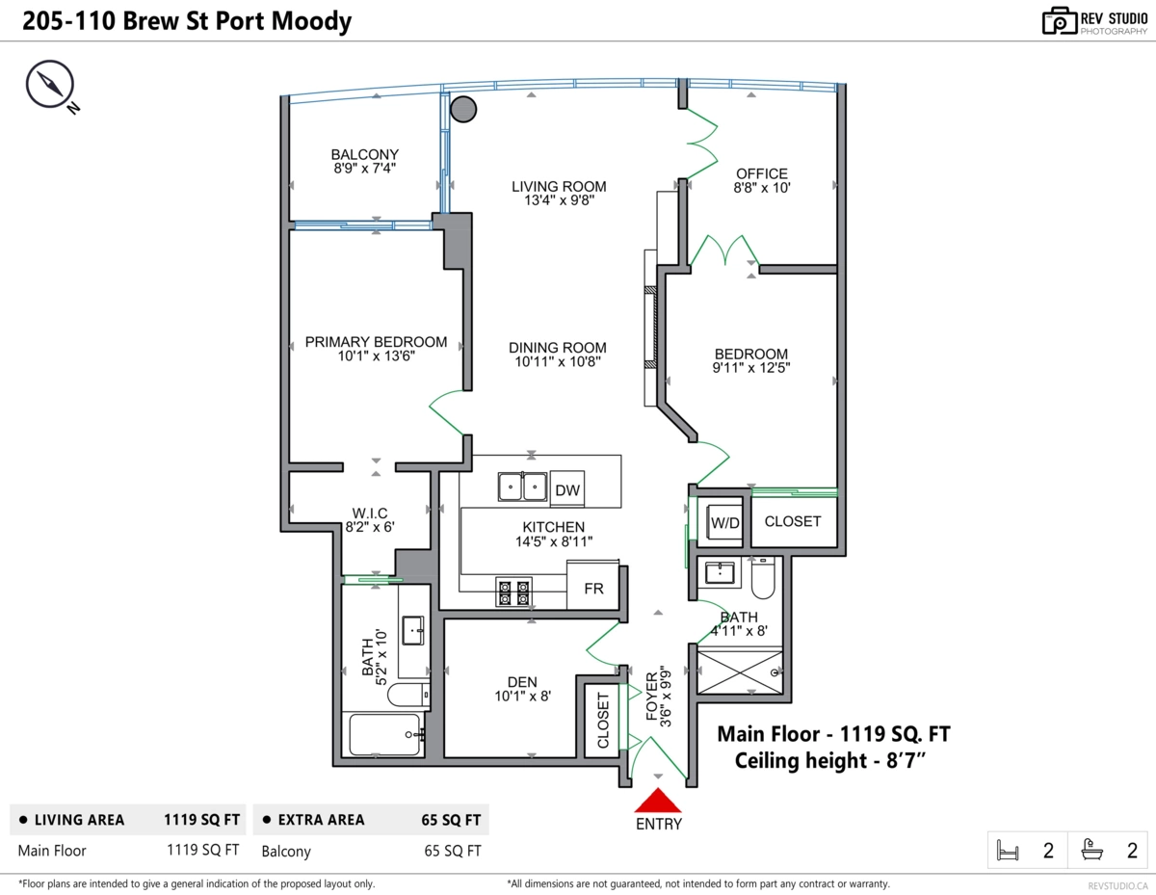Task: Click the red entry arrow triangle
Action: click(658, 801)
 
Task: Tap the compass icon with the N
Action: click(49, 86)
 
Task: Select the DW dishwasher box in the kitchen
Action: click(567, 490)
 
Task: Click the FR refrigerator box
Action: click(592, 588)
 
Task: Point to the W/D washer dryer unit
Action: click(724, 522)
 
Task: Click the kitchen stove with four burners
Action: click(513, 592)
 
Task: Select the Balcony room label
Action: click(364, 154)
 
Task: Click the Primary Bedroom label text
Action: click(376, 342)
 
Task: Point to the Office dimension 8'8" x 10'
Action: click(762, 189)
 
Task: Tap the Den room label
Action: click(523, 681)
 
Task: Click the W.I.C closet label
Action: click(370, 513)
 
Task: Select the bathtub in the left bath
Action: click(384, 734)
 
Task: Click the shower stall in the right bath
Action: click(739, 671)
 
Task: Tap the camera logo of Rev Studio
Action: click(1060, 21)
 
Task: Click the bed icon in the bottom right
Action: click(1009, 851)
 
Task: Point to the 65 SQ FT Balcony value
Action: click(452, 851)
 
